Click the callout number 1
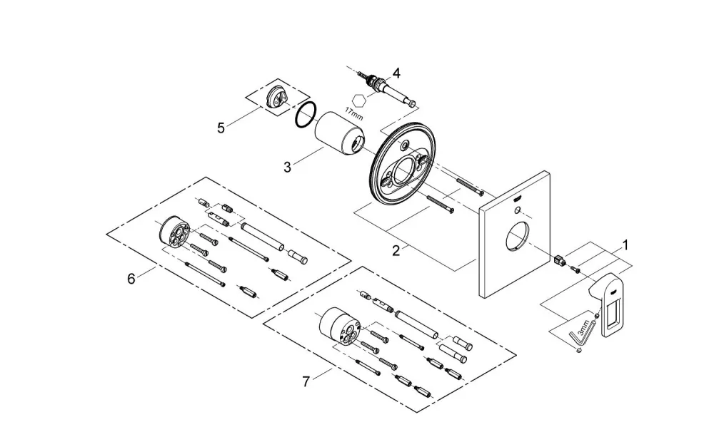625,245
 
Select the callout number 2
396,250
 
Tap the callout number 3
287,168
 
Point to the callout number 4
396,73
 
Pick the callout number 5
221,128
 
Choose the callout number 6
131,278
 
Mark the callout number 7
306,381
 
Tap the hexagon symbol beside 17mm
359,100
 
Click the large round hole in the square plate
517,236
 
